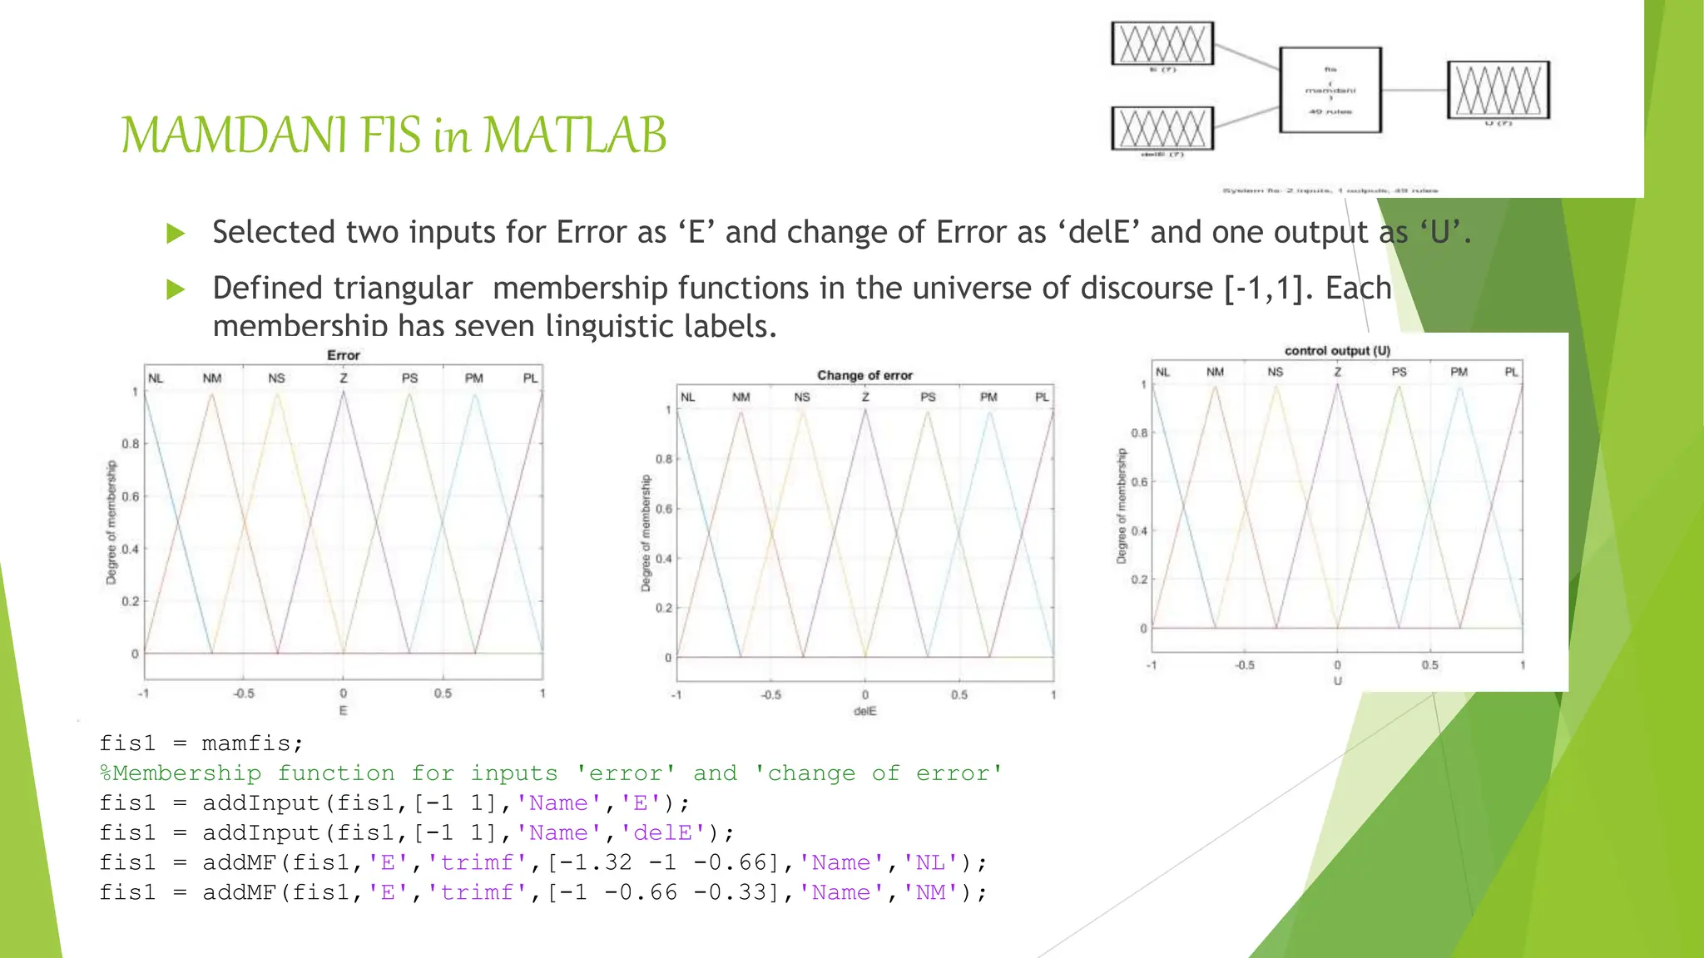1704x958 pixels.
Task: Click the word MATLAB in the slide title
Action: click(574, 136)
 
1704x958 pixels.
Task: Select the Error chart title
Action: click(344, 356)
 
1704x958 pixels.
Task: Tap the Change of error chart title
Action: click(864, 376)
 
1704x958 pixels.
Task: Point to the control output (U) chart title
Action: click(1337, 351)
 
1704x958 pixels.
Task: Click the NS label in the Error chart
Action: click(276, 378)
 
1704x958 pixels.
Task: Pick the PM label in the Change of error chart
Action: click(988, 398)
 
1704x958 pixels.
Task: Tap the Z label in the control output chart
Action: click(1338, 372)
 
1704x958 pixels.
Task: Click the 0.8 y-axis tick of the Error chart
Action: click(131, 444)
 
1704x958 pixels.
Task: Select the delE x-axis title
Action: click(865, 712)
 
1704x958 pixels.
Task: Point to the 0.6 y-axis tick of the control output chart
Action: click(1139, 482)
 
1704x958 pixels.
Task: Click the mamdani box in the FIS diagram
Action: click(1330, 90)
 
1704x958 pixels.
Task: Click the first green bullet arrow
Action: click(176, 234)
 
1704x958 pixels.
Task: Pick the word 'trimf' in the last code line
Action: click(477, 893)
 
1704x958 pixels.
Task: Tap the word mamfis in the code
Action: click(245, 743)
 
